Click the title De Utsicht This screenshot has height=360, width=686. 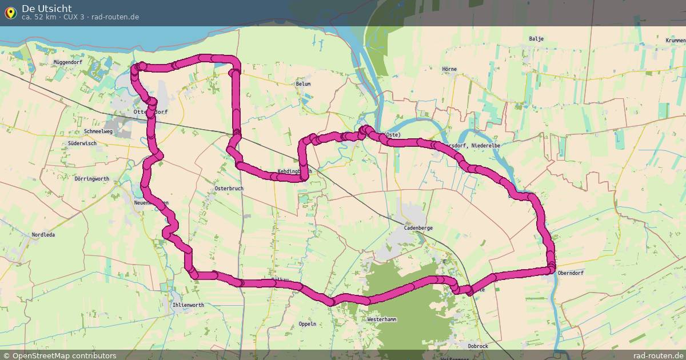coord(47,8)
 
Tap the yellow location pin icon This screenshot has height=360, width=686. coord(10,12)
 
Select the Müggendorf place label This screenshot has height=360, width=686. coord(67,62)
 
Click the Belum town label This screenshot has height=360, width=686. coord(303,84)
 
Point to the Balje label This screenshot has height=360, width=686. coord(536,39)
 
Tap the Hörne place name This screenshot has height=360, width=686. coord(449,69)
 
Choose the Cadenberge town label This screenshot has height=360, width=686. coord(418,227)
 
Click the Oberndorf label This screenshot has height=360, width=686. coord(570,273)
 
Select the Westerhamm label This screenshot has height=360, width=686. coord(382,319)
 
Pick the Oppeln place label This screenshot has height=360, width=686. coord(308,323)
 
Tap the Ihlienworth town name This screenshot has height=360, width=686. coord(188,305)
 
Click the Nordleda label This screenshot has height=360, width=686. coord(43,235)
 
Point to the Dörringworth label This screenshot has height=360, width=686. coord(92,179)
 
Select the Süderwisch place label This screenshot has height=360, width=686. coord(82,143)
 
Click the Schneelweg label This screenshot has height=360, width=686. coord(98,131)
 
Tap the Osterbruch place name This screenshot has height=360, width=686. coord(229,188)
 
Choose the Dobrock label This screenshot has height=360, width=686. coord(477,346)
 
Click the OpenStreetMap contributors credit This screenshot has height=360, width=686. coord(59,355)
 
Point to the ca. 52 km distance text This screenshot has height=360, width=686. coord(38,17)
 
